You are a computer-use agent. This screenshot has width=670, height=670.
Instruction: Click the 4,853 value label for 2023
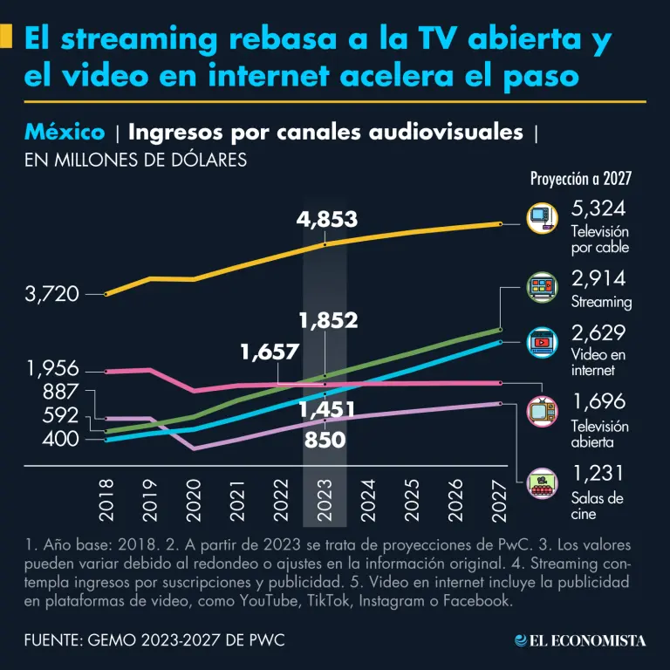327,219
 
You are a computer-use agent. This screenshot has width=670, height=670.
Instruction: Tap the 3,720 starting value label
51,295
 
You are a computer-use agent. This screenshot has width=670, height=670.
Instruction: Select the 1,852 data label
328,320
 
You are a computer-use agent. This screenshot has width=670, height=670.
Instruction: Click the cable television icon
542,217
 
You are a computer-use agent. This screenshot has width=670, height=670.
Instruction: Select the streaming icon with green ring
542,287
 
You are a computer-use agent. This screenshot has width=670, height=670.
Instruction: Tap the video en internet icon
542,343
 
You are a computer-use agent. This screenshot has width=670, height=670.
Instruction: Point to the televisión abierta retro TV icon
542,410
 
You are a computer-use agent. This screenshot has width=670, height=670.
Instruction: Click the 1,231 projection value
598,474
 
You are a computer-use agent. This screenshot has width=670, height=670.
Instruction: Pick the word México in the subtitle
65,133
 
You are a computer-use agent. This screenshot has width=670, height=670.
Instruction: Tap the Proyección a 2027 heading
581,179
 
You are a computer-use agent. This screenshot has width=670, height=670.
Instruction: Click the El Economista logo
580,640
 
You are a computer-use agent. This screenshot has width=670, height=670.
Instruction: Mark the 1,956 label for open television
53,369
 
